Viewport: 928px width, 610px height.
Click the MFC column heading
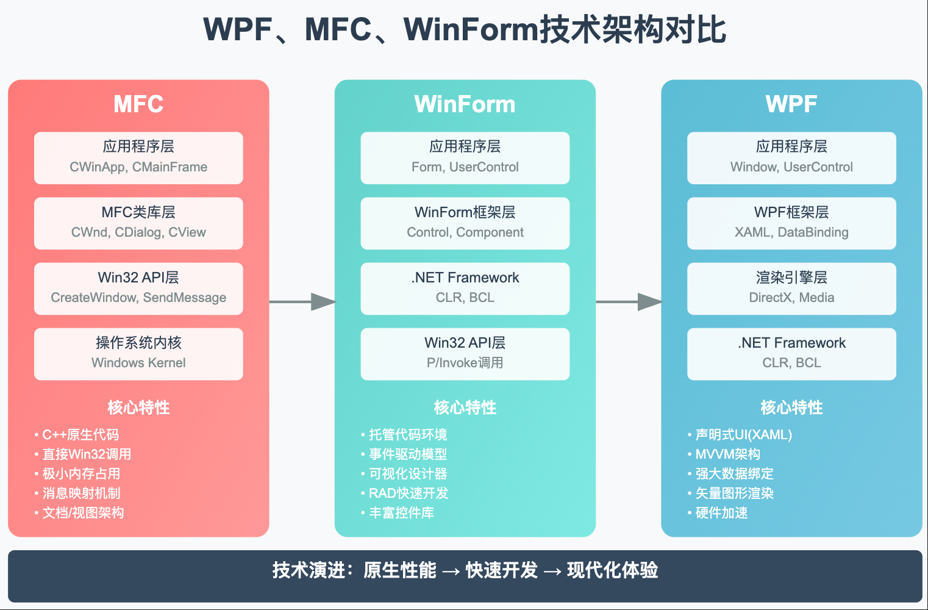[x=138, y=104]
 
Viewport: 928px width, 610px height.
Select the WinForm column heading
[x=465, y=104]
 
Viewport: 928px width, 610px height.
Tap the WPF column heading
[x=791, y=104]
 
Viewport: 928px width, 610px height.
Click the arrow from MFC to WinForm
[x=302, y=301]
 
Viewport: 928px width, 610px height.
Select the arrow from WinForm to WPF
[x=629, y=301]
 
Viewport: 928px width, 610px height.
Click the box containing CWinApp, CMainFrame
[x=138, y=158]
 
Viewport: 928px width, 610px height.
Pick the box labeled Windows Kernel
[x=138, y=354]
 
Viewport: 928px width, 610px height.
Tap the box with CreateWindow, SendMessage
[x=138, y=289]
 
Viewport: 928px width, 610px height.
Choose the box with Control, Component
[x=465, y=223]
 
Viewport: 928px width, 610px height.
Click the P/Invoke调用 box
[x=465, y=354]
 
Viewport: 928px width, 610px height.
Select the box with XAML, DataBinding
[x=791, y=223]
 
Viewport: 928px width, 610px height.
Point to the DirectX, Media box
[x=791, y=289]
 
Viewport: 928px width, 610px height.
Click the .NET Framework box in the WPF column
[x=791, y=354]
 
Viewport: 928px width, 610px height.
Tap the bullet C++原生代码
[x=80, y=435]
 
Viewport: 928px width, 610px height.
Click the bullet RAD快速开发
[x=409, y=493]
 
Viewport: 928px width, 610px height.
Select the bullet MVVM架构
[x=727, y=454]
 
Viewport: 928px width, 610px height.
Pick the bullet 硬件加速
[x=721, y=513]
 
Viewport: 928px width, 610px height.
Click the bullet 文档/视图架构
[x=83, y=513]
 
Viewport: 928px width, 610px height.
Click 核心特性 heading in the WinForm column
[x=465, y=407]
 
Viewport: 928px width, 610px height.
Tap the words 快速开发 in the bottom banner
[x=502, y=570]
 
